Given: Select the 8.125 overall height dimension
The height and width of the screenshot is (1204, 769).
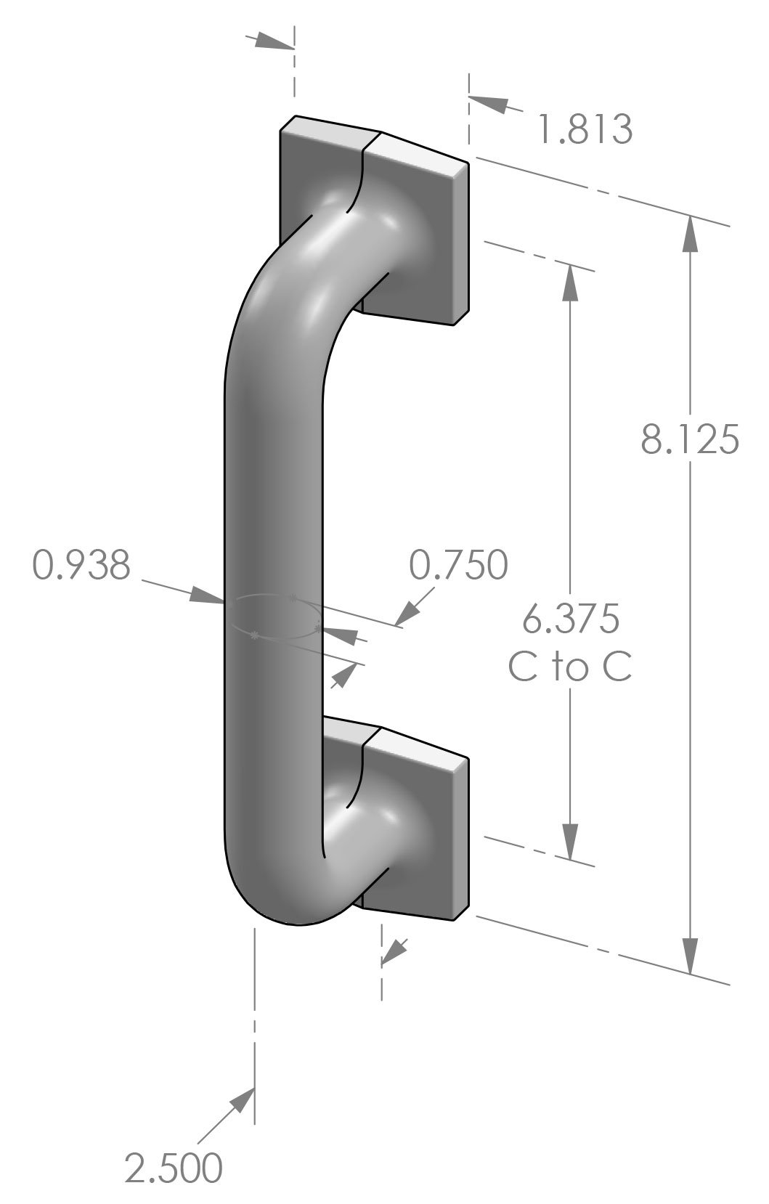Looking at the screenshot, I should [x=690, y=440].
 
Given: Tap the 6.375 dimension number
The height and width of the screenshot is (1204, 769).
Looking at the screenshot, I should [x=571, y=619].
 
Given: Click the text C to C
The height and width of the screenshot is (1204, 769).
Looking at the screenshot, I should [x=570, y=668].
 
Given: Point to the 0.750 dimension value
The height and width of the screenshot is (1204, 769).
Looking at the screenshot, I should [x=458, y=565].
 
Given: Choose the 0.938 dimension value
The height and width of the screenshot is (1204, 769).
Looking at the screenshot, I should [x=82, y=565].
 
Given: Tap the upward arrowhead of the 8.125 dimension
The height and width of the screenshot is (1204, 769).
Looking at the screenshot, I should [x=689, y=232].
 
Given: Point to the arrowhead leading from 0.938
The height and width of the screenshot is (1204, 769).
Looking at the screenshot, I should [x=206, y=595].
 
